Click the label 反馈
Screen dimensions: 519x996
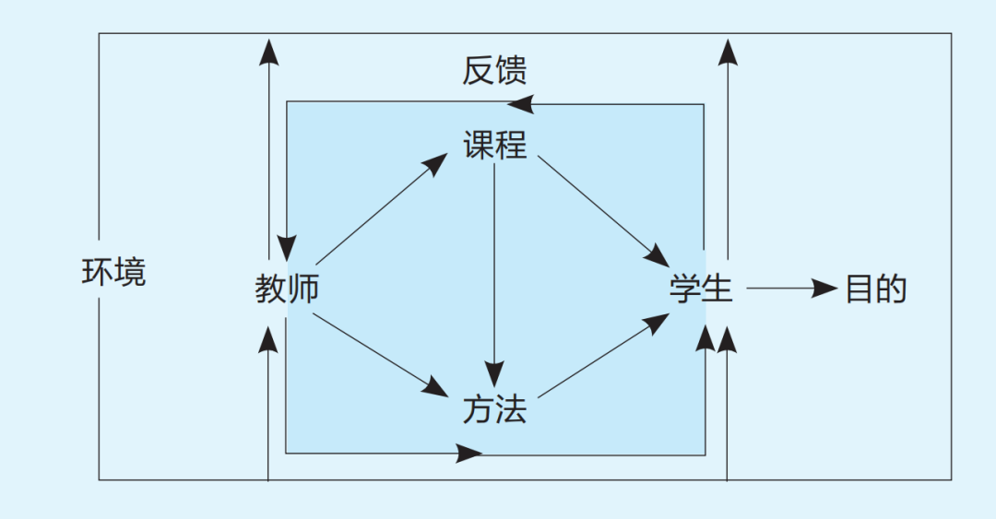(494, 71)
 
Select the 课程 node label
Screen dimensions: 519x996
(494, 145)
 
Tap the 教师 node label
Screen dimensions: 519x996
(287, 289)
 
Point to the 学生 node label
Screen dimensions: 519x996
(701, 289)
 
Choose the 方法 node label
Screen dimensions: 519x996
(494, 409)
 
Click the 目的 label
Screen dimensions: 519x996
(876, 289)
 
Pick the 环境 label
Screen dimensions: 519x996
(114, 273)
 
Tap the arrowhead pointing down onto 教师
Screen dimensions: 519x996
(287, 246)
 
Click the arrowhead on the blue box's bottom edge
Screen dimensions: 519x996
(469, 454)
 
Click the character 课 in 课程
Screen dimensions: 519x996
(479, 145)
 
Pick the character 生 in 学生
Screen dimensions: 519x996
(717, 289)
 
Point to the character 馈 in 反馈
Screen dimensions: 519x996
(511, 71)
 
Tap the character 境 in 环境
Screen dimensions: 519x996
(130, 273)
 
